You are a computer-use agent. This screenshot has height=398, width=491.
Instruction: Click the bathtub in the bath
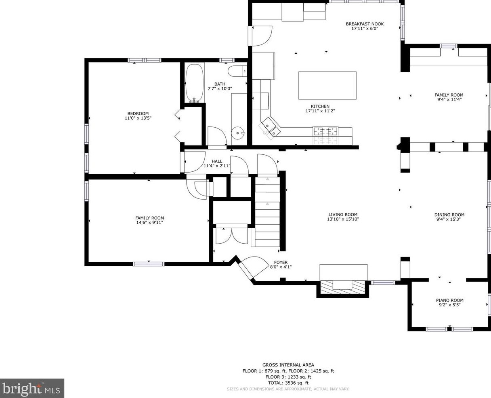[x=195, y=83]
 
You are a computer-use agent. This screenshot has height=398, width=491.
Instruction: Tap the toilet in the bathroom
[x=237, y=71]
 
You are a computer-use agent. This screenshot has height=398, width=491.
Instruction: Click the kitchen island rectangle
[x=327, y=85]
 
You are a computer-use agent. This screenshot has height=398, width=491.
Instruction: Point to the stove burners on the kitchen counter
[x=325, y=131]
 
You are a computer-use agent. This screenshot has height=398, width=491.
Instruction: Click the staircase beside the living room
[x=267, y=212]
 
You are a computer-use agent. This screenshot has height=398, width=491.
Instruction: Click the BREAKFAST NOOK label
[x=365, y=24]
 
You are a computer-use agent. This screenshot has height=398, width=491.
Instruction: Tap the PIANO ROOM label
[x=449, y=300]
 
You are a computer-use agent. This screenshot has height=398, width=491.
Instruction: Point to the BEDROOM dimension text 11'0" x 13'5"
[x=138, y=118]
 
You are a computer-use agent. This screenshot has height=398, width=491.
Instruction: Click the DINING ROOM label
[x=449, y=215]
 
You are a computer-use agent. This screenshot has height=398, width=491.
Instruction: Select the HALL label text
[x=217, y=161]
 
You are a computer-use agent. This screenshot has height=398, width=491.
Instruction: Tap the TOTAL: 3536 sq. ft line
[x=288, y=383]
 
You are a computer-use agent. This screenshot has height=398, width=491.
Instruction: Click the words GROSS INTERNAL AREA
[x=288, y=365]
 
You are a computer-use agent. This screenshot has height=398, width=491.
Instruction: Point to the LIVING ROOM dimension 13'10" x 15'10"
[x=343, y=219]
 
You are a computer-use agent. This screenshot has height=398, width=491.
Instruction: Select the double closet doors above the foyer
[x=231, y=236]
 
